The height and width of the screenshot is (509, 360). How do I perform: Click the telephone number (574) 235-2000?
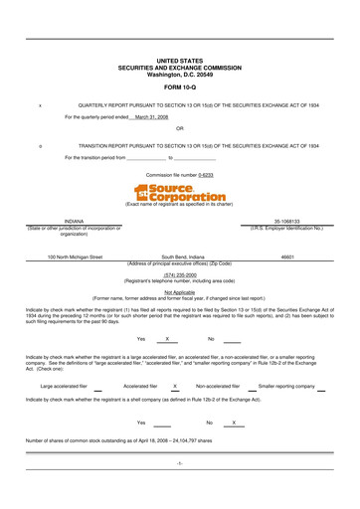pos(180,274)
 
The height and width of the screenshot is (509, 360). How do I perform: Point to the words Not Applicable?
pos(180,292)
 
